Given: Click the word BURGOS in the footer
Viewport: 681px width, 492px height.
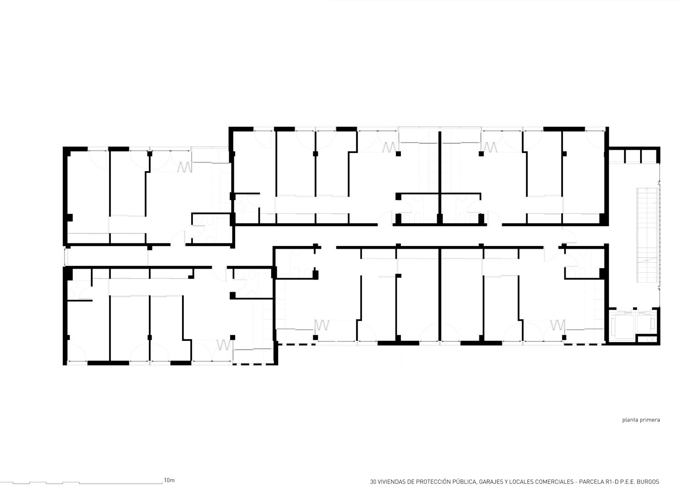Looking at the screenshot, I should pyautogui.click(x=648, y=482).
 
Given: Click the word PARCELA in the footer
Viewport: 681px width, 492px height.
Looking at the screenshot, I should pyautogui.click(x=591, y=482).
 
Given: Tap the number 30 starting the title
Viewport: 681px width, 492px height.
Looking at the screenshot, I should pyautogui.click(x=373, y=482).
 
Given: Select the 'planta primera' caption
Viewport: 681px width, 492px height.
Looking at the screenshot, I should pyautogui.click(x=641, y=420).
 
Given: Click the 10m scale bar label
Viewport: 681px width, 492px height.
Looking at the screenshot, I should pyautogui.click(x=169, y=480).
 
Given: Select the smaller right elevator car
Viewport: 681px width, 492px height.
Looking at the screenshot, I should pyautogui.click(x=644, y=323).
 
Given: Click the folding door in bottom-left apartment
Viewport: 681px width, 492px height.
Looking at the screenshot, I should pyautogui.click(x=223, y=345).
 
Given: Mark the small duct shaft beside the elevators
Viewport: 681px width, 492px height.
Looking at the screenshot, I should pyautogui.click(x=647, y=339).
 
